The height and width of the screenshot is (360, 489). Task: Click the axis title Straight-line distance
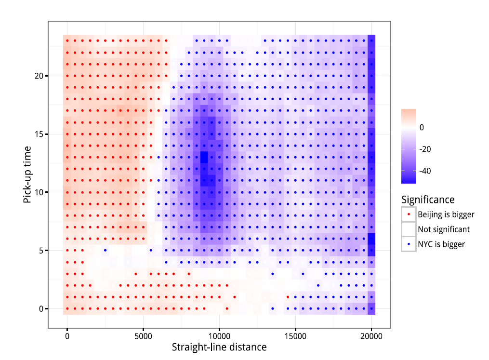pos(219,347)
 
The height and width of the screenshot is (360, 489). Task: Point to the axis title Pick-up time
pos(27,174)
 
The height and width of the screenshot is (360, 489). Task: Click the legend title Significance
pos(428,200)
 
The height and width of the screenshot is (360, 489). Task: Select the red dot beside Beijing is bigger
pos(409,214)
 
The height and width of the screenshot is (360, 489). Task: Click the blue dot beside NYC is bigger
pos(409,244)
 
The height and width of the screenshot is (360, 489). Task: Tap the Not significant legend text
pos(444,229)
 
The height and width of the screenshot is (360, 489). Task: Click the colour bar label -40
pos(425,171)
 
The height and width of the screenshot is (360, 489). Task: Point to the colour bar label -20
pos(425,149)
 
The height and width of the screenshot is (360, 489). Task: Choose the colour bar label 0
pos(422,128)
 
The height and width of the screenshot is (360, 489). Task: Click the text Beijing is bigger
pos(446,214)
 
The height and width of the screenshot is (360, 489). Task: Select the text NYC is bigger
pos(441,244)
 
